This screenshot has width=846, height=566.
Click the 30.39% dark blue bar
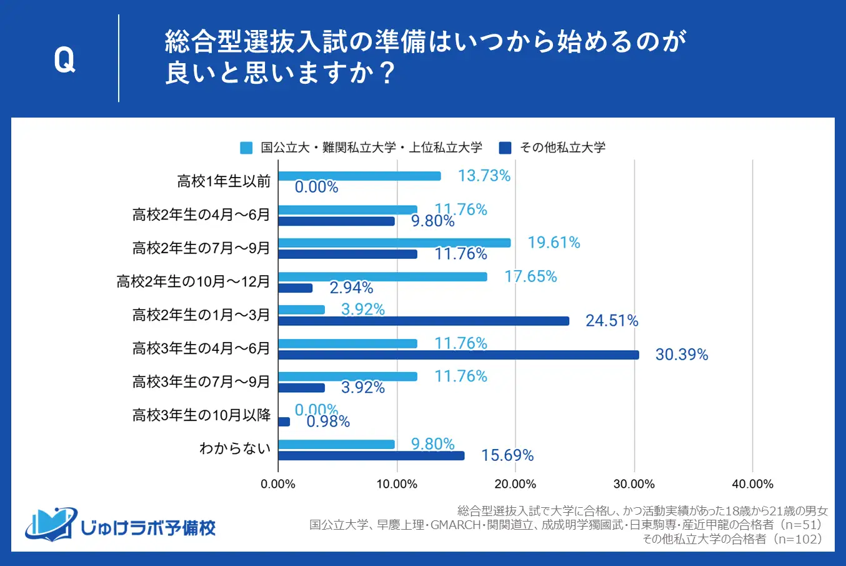point(459,355)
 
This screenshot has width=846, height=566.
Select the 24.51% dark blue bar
point(424,321)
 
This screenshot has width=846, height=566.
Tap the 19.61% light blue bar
point(394,243)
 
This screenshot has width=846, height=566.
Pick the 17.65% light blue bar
point(382,276)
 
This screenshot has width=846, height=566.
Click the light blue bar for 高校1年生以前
point(359,176)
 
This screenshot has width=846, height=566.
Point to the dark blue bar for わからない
point(371,455)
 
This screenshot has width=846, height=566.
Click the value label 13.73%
point(484,176)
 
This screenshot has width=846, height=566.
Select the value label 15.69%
point(507,455)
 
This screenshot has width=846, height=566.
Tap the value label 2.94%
point(351,288)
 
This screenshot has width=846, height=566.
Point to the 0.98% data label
point(328,422)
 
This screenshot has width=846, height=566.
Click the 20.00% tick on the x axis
point(515,484)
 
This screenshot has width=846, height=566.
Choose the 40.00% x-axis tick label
point(752,484)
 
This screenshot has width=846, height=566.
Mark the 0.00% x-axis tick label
point(278,484)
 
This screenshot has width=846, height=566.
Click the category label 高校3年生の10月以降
point(201,415)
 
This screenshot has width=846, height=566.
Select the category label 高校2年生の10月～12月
point(193,281)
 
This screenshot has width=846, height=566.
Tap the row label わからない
point(235,448)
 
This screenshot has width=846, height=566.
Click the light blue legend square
point(247,148)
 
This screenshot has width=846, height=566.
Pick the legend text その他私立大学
point(562,148)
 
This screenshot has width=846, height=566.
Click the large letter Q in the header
point(64,60)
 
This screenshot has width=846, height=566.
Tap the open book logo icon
point(50,524)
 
